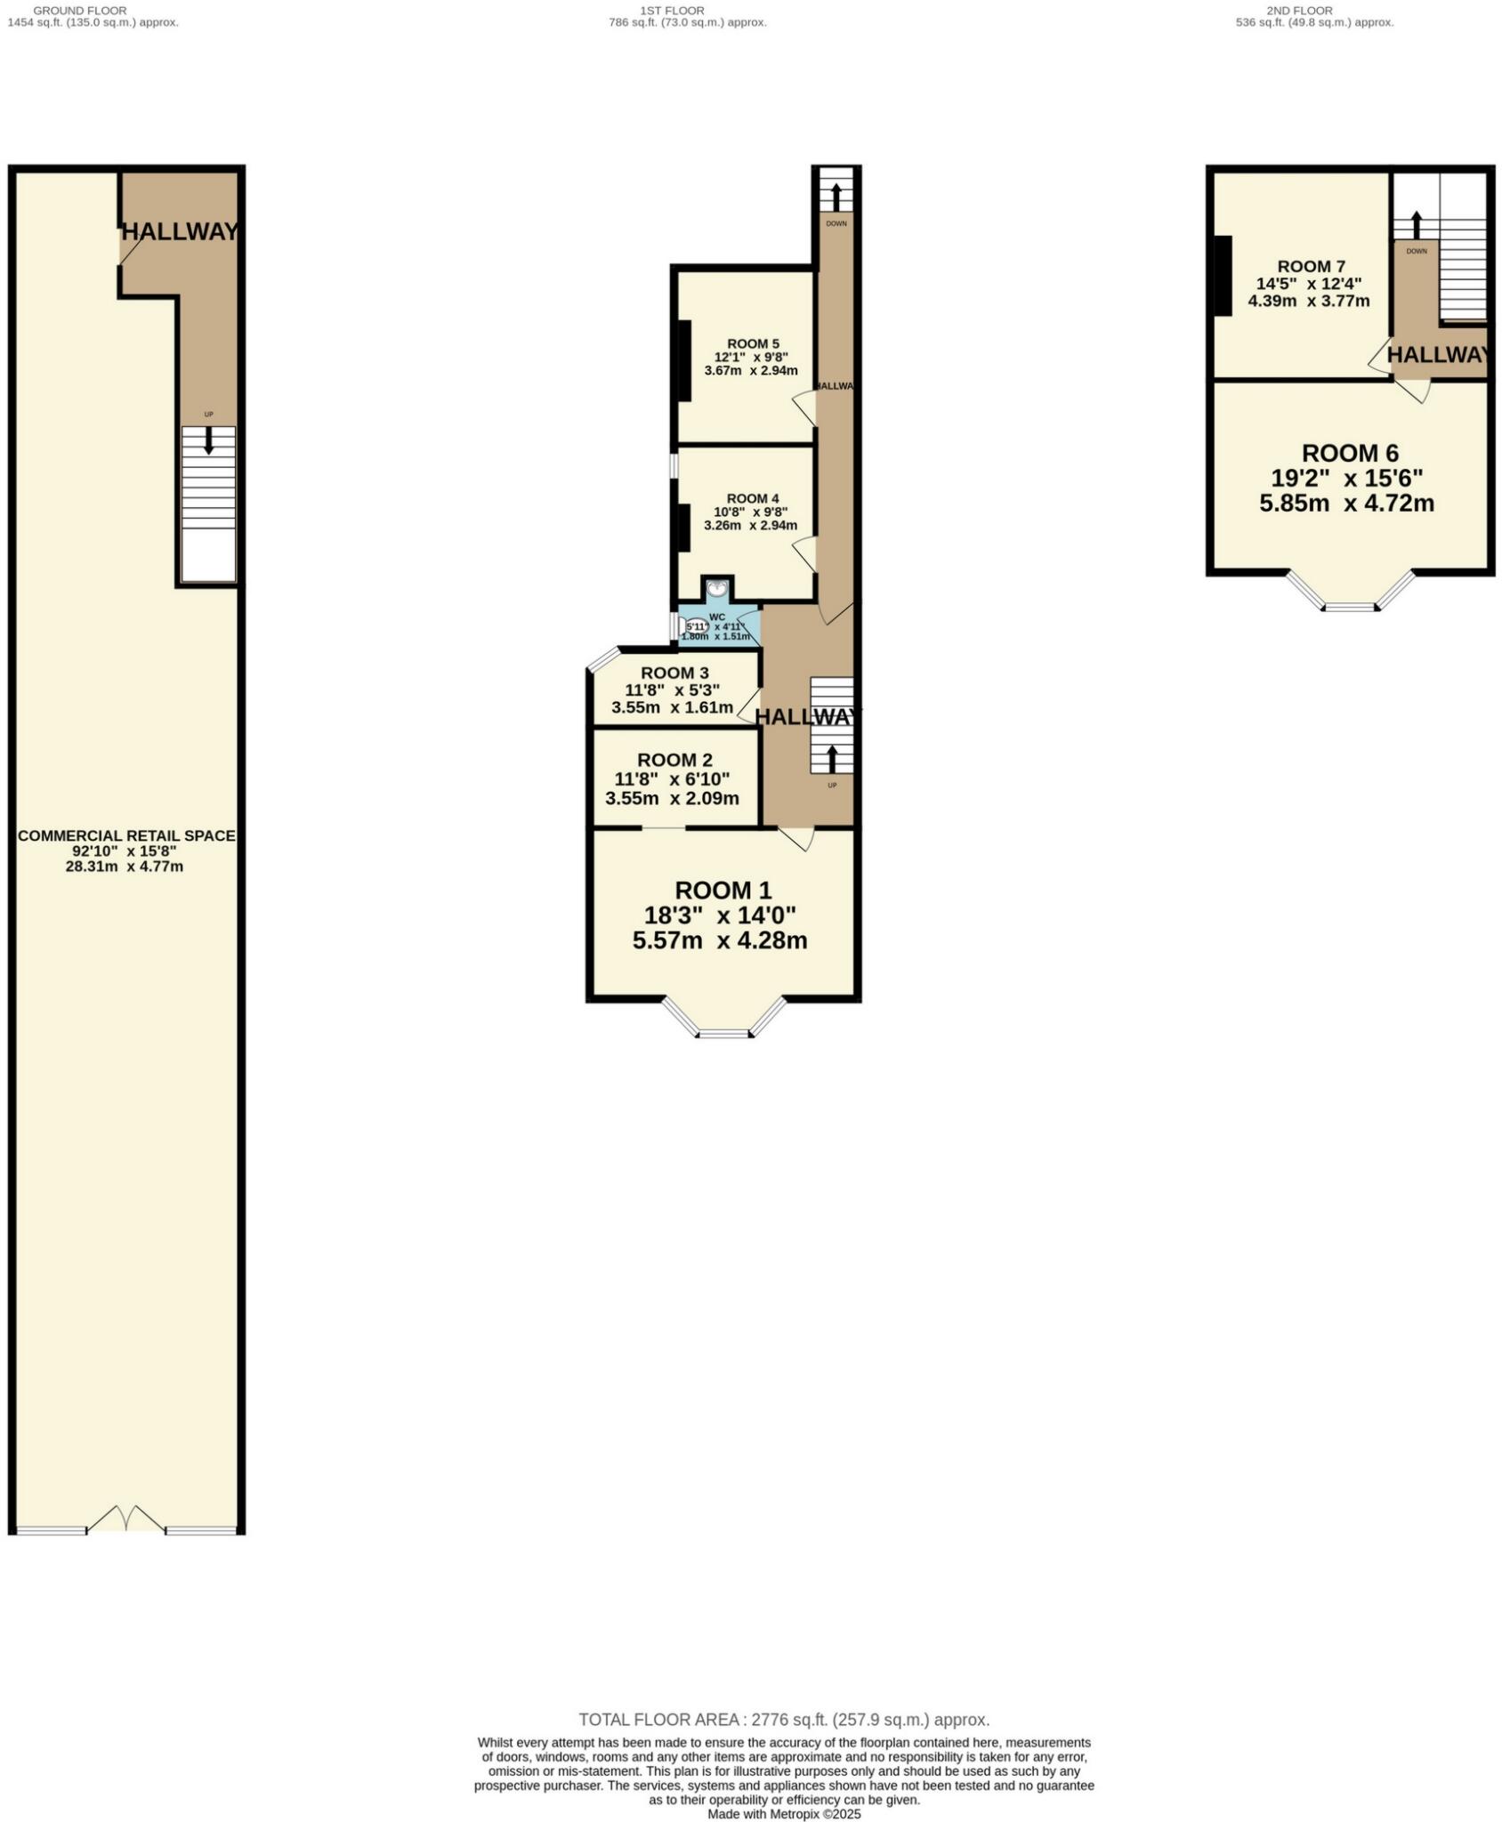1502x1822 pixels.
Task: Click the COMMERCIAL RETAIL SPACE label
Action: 126,835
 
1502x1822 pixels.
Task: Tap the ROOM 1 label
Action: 723,891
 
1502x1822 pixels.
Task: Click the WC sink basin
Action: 717,589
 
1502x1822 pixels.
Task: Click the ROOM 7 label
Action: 1311,266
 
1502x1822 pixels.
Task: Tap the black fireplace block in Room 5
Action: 684,360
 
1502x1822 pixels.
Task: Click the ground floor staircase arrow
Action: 209,440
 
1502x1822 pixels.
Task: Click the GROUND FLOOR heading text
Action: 80,11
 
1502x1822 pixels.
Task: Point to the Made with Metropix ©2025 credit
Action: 784,1813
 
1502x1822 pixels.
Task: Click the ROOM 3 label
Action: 674,673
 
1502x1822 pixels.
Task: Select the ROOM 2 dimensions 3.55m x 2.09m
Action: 672,798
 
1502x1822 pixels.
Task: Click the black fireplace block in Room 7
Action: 1223,276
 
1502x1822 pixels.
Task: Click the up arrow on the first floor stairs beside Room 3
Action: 832,758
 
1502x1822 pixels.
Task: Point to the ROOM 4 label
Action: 753,498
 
